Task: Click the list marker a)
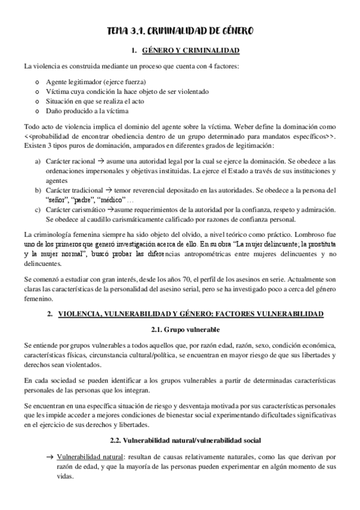(x=38, y=162)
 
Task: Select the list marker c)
(x=38, y=209)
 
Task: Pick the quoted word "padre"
(x=84, y=200)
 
